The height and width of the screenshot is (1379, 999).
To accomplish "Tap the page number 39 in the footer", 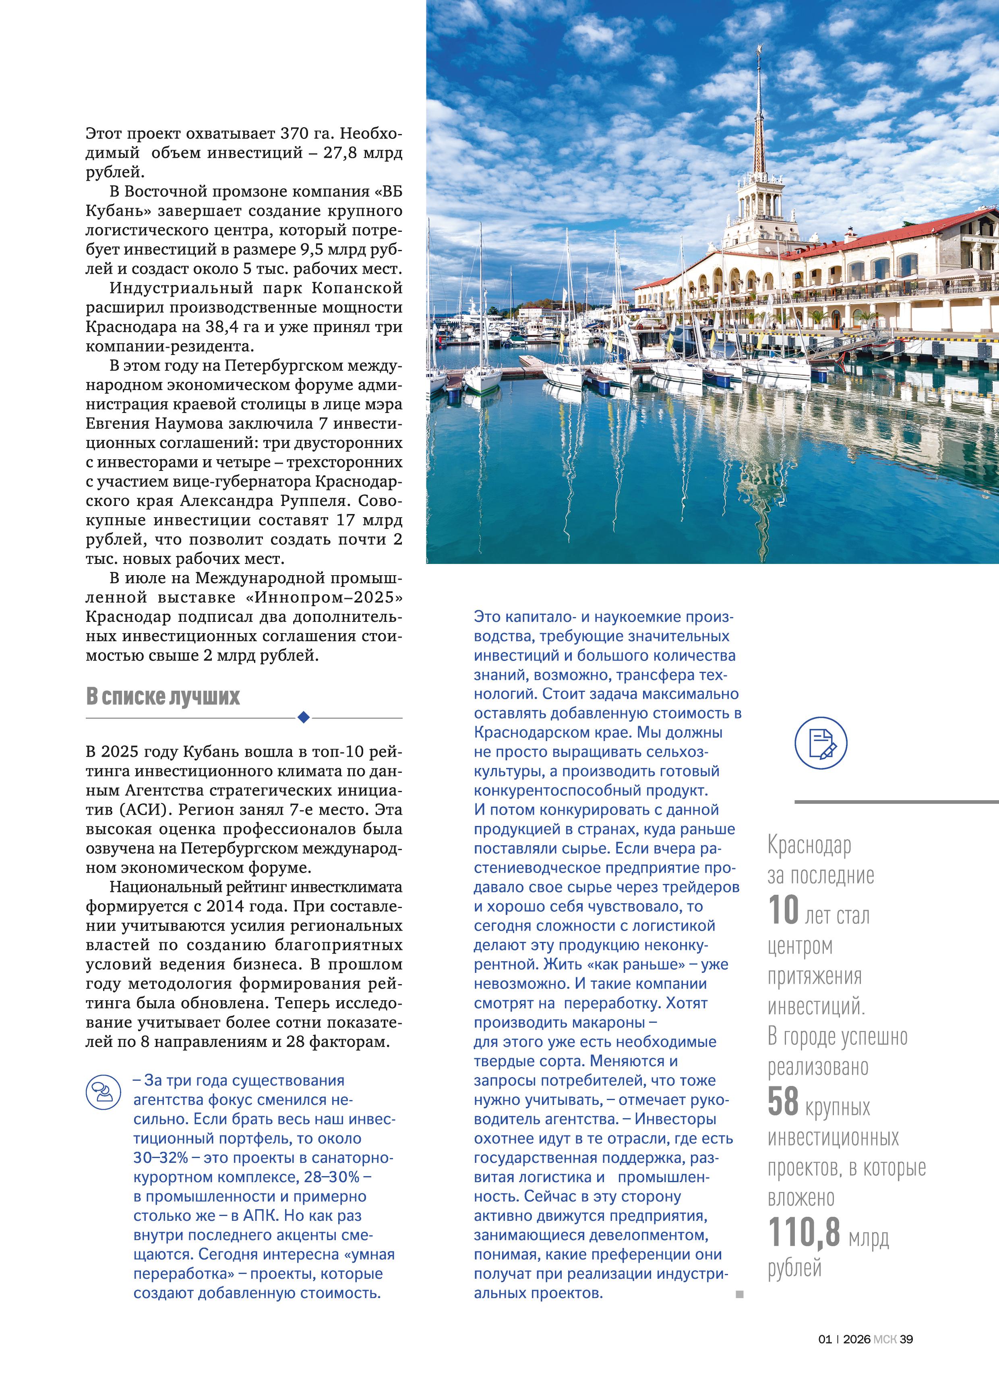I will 906,1339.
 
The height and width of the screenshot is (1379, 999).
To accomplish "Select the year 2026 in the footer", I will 856,1339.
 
